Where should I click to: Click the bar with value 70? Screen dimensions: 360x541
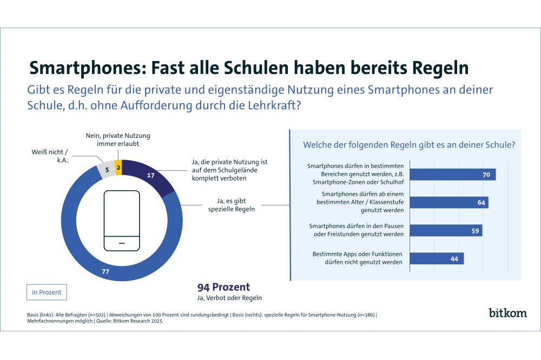pyautogui.click(x=452, y=174)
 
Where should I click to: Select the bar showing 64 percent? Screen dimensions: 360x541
pyautogui.click(x=448, y=202)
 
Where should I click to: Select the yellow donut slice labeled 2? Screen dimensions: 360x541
pyautogui.click(x=118, y=168)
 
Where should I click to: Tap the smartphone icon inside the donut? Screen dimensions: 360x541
pyautogui.click(x=121, y=221)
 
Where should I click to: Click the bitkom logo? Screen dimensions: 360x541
pyautogui.click(x=507, y=312)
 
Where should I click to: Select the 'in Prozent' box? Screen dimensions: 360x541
pyautogui.click(x=47, y=292)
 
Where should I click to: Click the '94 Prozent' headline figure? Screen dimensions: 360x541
pyautogui.click(x=223, y=287)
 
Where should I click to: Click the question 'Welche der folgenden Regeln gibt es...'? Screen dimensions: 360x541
pyautogui.click(x=408, y=144)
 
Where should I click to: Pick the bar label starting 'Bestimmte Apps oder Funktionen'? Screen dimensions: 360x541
pyautogui.click(x=358, y=258)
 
